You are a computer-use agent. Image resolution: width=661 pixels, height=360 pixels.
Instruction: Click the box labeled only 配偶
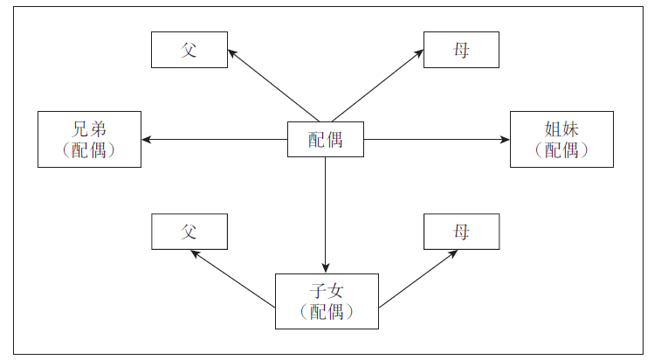(325, 140)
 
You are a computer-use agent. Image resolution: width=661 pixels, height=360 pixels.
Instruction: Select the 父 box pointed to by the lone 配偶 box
(189, 50)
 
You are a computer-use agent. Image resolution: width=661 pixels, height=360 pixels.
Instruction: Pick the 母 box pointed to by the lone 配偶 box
(461, 50)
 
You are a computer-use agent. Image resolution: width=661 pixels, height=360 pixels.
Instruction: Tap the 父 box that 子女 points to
(189, 232)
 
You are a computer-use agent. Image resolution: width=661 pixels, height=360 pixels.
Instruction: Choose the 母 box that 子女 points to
(461, 232)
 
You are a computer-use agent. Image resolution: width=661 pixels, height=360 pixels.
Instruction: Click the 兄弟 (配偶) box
(89, 139)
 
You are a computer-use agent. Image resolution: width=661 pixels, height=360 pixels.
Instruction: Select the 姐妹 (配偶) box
(561, 139)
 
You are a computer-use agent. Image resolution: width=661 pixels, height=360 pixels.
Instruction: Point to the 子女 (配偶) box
(327, 301)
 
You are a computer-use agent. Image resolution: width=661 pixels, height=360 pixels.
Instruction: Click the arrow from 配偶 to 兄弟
(214, 140)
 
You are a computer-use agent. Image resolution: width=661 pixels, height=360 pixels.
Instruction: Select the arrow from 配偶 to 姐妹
(437, 140)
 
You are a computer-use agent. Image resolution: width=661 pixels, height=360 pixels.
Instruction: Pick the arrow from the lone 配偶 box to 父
(272, 85)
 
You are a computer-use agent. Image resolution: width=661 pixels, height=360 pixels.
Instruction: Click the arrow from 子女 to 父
(233, 279)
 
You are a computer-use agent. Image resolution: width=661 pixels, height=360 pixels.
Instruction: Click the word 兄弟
(89, 128)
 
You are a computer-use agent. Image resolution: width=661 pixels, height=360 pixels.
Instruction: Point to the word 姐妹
(561, 128)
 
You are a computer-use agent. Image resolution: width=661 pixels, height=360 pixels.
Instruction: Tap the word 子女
(327, 291)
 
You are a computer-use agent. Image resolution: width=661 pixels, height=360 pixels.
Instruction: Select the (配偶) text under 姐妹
(561, 150)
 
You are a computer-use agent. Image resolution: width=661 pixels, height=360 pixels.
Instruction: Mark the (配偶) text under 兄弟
(89, 150)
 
